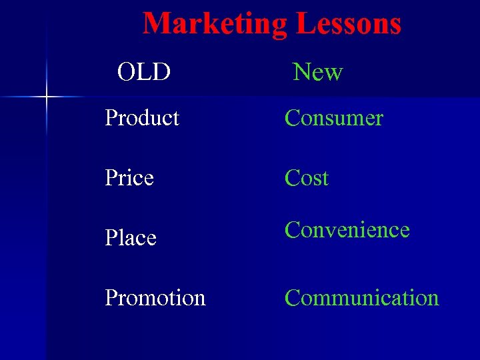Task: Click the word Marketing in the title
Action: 215,23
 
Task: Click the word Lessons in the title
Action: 348,23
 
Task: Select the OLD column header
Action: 144,71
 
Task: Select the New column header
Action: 318,71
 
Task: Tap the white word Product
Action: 142,118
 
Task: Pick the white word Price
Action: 129,178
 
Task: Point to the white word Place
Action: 131,238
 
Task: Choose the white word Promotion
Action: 155,298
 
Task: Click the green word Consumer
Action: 333,118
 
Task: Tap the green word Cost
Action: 307,178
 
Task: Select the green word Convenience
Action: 347,230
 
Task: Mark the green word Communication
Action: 361,298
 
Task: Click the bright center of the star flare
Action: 47,97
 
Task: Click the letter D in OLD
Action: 161,71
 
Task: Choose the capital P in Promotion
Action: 111,298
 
